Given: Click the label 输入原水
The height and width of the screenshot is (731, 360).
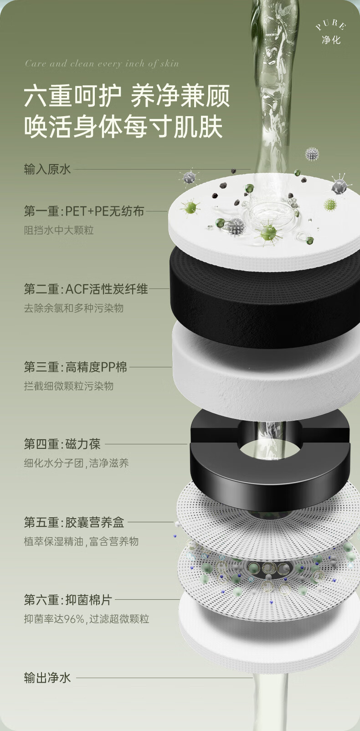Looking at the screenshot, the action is [47, 170].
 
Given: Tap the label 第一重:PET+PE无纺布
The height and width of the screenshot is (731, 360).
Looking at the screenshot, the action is [84, 211].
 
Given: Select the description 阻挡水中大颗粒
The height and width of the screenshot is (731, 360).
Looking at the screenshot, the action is [59, 230].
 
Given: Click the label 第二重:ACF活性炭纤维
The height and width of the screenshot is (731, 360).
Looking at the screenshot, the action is [86, 289].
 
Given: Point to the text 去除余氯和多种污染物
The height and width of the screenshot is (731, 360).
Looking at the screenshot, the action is [74, 308].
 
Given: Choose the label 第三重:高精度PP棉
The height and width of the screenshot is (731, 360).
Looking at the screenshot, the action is [75, 367].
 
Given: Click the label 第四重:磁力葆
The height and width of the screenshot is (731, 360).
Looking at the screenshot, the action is [62, 444].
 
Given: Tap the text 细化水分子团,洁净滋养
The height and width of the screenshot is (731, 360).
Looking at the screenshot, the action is [77, 463].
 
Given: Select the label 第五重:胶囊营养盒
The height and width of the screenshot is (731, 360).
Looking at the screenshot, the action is [74, 522].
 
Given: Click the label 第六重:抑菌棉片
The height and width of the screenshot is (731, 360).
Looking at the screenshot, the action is [68, 599].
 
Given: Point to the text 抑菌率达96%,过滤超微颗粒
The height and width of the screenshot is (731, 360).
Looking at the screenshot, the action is [87, 619].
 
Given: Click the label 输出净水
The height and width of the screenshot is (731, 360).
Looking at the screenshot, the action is [47, 678].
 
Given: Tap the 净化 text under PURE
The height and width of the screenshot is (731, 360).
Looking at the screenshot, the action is [331, 40].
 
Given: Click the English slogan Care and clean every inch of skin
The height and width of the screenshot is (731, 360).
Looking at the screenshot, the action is [102, 63].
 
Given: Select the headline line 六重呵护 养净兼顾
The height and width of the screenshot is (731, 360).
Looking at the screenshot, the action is [127, 96].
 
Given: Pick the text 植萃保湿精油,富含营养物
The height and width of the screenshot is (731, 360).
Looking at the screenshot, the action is [81, 541].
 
